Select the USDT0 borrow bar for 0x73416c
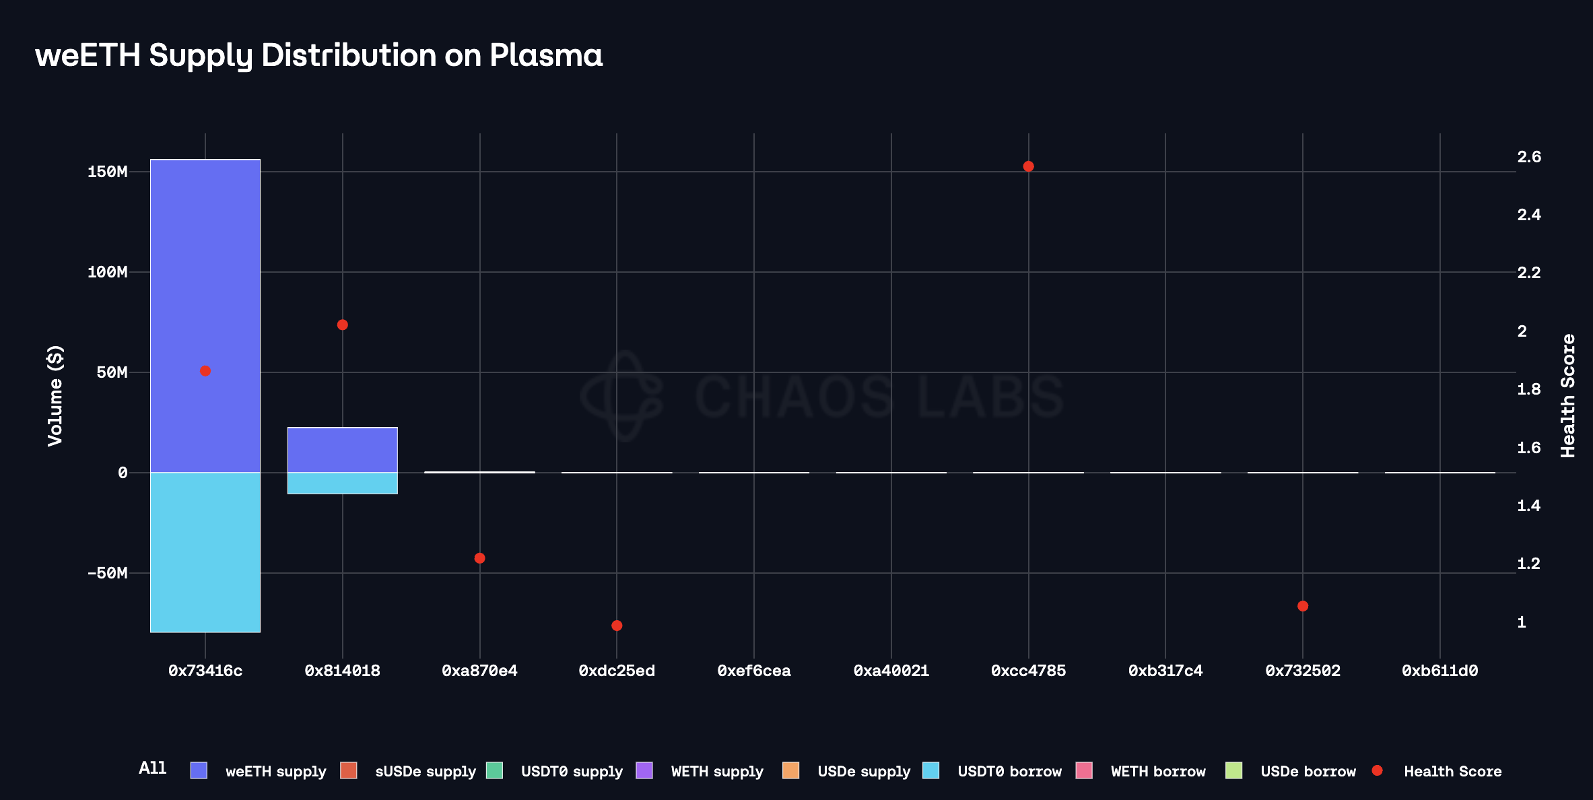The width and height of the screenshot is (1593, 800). [205, 552]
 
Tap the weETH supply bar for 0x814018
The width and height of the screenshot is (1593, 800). [342, 450]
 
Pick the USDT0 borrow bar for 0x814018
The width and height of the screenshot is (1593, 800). [342, 483]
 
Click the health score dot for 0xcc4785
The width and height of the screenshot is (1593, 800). [1028, 166]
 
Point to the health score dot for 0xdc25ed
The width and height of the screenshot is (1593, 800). [617, 626]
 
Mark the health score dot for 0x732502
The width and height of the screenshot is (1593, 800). [1303, 606]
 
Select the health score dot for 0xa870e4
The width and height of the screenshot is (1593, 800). [479, 558]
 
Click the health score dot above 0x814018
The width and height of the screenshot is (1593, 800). [342, 325]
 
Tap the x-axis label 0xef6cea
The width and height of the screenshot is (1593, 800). [753, 671]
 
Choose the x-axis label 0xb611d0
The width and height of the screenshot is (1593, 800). [1439, 671]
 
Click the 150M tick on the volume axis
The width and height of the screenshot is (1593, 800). [107, 172]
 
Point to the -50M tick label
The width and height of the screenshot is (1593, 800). [107, 573]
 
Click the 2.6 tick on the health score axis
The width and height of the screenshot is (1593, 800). [1528, 157]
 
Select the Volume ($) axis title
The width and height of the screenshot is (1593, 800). [55, 395]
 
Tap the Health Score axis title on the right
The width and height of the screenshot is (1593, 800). [1567, 395]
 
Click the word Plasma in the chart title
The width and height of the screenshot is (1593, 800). [546, 55]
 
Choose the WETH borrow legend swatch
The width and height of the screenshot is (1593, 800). [1084, 770]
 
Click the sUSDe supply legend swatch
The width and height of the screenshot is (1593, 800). [349, 770]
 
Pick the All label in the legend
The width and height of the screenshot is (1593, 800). [152, 768]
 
